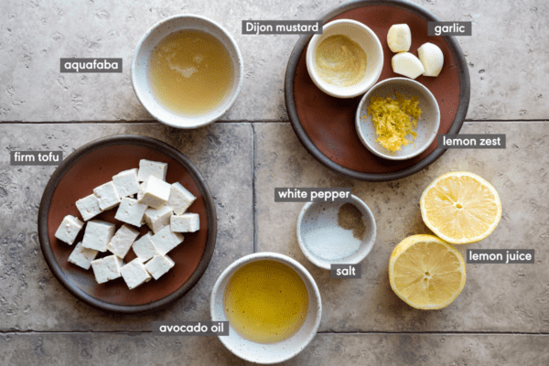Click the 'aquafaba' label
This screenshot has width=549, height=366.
click(x=91, y=65)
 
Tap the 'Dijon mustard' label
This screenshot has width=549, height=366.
click(x=282, y=27)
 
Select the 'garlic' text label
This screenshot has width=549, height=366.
click(x=449, y=28)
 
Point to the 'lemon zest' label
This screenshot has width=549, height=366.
click(x=471, y=141)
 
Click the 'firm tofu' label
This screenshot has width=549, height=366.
click(x=37, y=157)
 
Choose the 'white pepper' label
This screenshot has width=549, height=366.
click(x=314, y=194)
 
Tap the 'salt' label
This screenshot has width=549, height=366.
click(x=346, y=271)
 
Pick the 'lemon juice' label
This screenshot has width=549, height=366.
click(x=500, y=256)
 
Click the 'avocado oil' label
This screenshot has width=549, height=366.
click(x=191, y=328)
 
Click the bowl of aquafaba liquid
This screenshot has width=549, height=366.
click(x=187, y=71)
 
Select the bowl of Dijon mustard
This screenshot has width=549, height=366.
click(x=345, y=59)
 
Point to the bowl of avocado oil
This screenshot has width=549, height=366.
click(x=266, y=307)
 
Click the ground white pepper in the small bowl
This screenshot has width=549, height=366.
click(x=351, y=221)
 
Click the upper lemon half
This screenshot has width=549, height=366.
click(x=461, y=208)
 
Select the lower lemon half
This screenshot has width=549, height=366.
click(x=427, y=272)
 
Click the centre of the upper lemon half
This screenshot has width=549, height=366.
click(x=459, y=206)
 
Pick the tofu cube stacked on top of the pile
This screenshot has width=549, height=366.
click(x=155, y=191)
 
